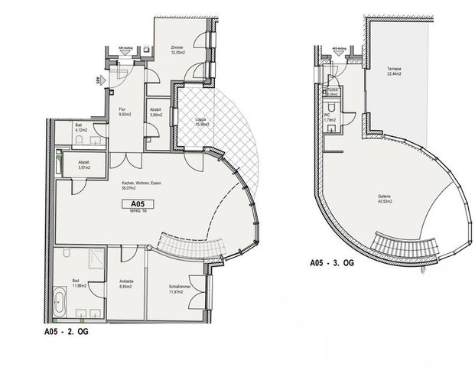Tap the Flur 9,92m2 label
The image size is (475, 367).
[x=122, y=112]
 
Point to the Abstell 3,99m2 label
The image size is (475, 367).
[x=156, y=112]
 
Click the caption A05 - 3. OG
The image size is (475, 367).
[x=330, y=262]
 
